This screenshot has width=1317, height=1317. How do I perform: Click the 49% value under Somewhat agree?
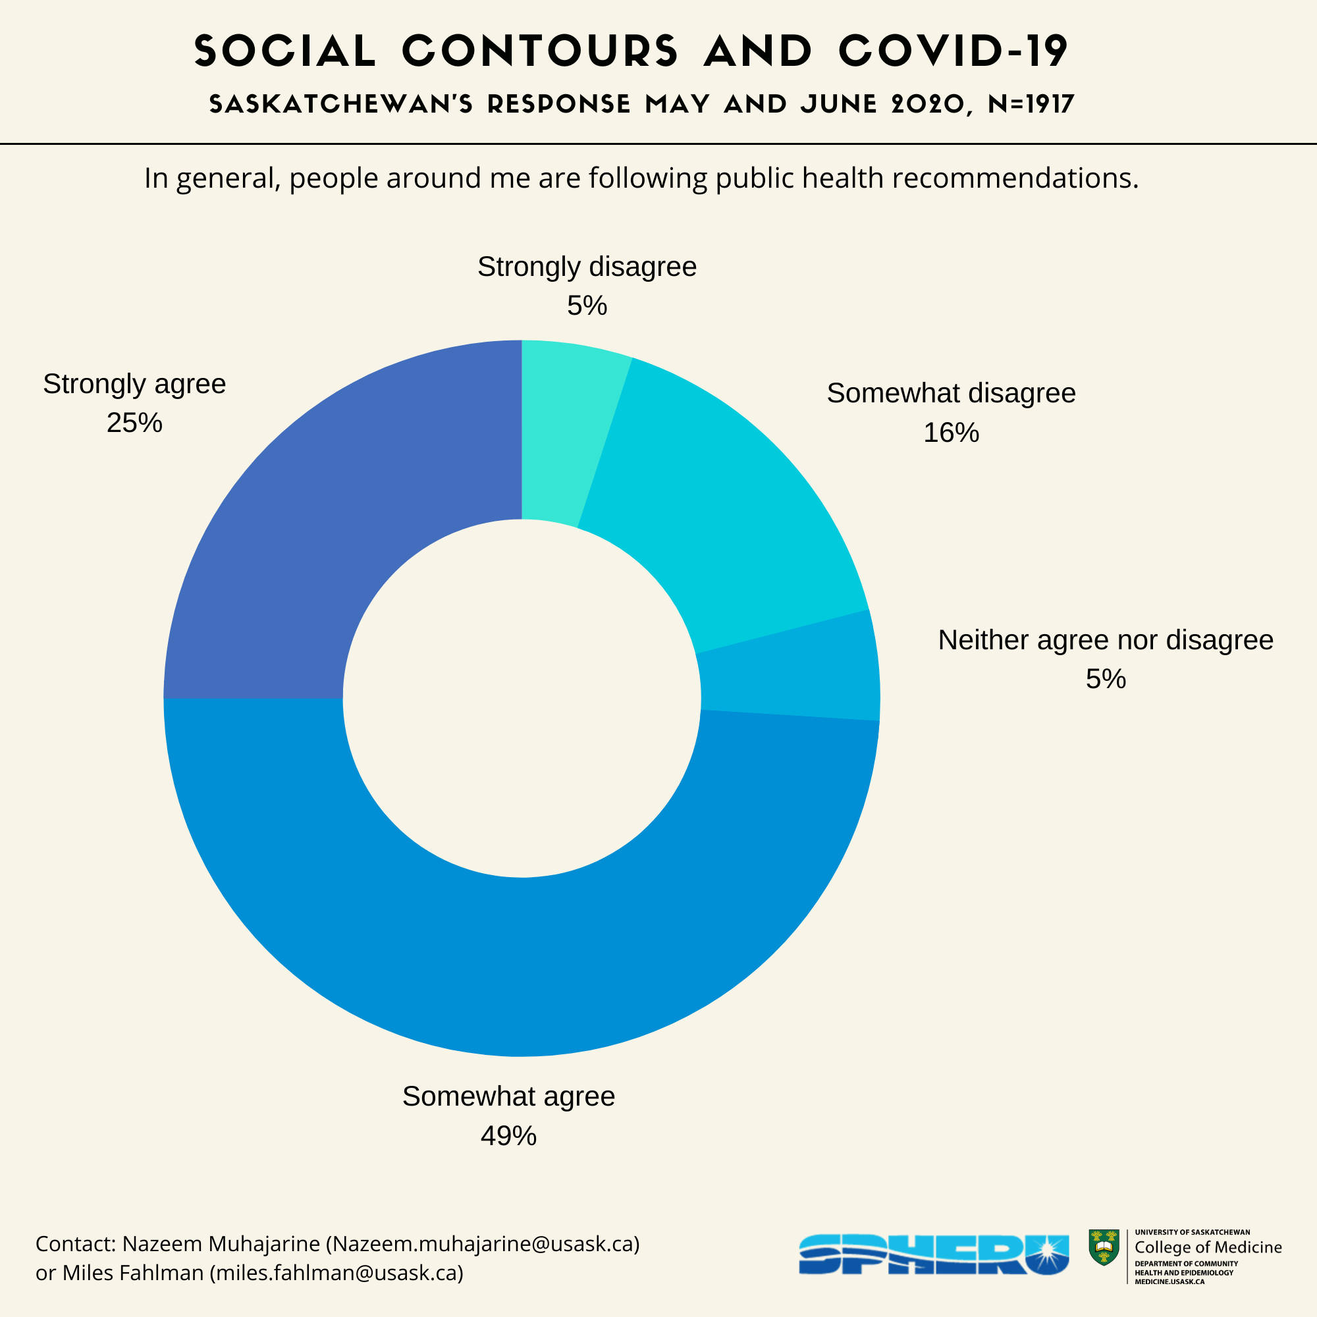point(508,1136)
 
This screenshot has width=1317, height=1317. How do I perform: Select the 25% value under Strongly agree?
point(134,423)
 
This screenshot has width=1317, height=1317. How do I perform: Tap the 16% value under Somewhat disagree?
point(951,433)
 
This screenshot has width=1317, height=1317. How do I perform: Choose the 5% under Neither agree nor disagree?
point(1106,679)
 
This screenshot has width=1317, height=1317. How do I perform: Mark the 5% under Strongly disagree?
point(587,306)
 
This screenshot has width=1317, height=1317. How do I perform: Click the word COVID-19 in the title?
point(953,51)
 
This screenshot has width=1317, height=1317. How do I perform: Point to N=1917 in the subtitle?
point(1031,104)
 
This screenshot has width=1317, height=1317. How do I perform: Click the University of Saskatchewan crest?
point(1104,1247)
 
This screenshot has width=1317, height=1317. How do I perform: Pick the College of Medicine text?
point(1208,1247)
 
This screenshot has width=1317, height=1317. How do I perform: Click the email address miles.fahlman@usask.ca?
point(336,1273)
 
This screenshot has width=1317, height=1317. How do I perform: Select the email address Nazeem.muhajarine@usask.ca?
point(483,1244)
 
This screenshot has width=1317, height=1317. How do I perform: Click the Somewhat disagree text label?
point(951,393)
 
